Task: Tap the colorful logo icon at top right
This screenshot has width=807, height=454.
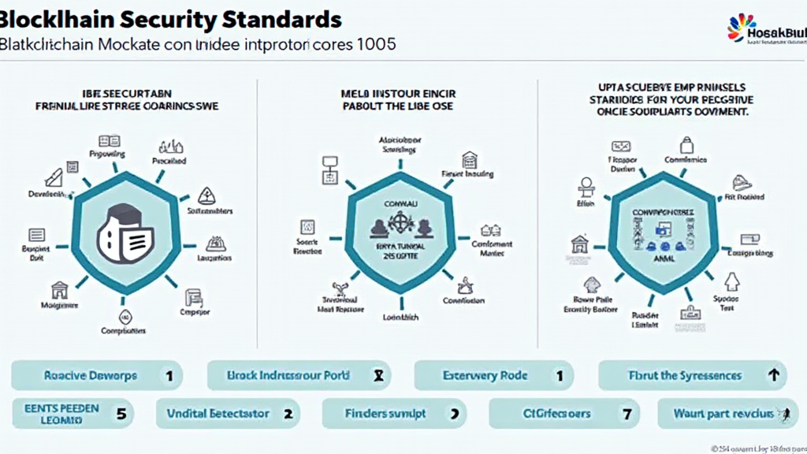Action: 741,28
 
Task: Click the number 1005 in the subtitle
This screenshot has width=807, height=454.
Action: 376,44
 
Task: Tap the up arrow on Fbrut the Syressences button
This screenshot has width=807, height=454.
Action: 773,375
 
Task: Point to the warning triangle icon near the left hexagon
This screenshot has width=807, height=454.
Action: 207,195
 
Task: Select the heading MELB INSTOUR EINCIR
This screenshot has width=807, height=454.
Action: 398,94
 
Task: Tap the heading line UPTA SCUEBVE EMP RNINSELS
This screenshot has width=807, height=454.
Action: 672,87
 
